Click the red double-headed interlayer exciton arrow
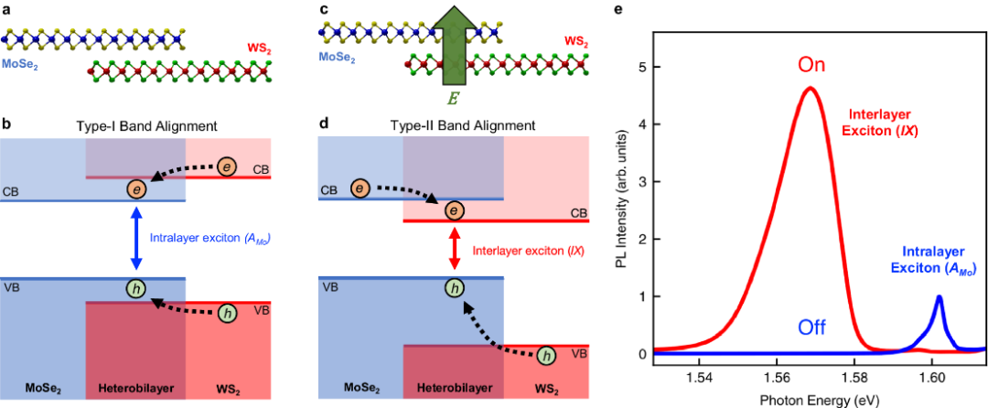coord(453,247)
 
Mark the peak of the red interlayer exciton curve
coord(810,88)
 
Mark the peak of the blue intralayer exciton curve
coord(938,296)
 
